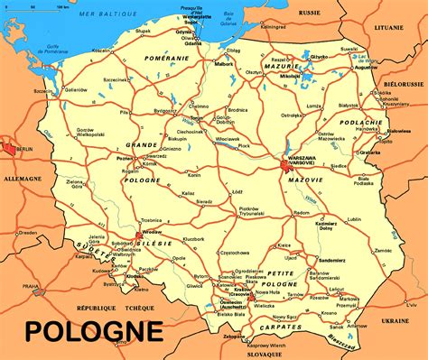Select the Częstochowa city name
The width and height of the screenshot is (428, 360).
coord(234,253)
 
